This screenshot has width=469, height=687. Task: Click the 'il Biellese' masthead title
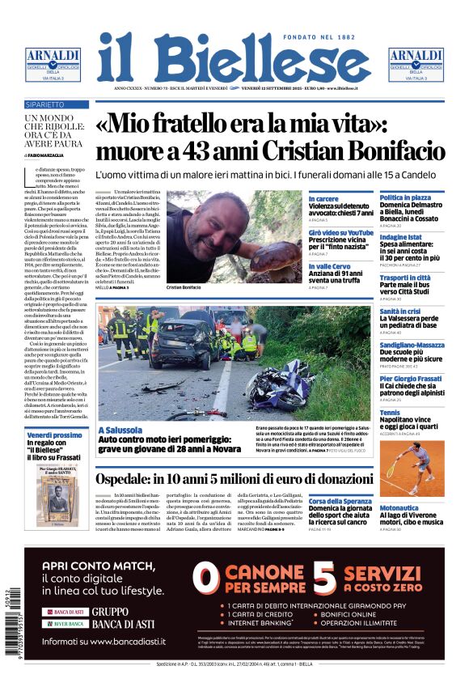(234, 57)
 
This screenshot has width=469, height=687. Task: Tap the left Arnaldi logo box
(53, 62)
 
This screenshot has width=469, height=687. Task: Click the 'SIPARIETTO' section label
(45, 105)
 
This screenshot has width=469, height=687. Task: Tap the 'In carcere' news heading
(323, 198)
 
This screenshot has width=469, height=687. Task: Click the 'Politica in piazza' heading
(405, 197)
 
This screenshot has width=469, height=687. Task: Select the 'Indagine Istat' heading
(400, 236)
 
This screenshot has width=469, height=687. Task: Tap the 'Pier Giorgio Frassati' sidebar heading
(412, 379)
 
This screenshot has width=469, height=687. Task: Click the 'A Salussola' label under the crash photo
(119, 430)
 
